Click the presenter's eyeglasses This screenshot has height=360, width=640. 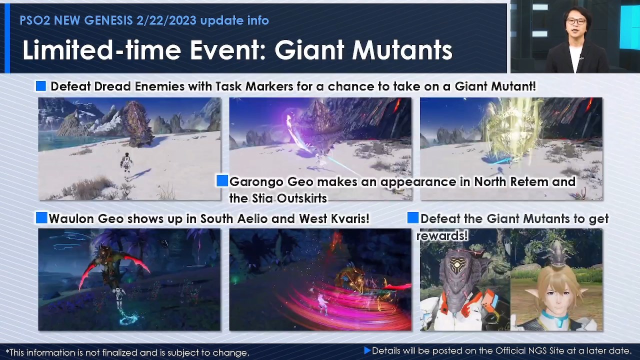[576, 21]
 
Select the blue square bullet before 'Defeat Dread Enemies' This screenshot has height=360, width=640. [41, 86]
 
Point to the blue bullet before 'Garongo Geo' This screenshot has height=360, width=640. [222, 181]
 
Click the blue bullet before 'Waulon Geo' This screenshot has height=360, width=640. [41, 218]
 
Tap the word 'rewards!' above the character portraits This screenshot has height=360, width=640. [442, 235]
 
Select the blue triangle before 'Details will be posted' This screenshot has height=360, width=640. [367, 351]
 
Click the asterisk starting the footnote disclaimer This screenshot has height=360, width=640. [7, 352]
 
